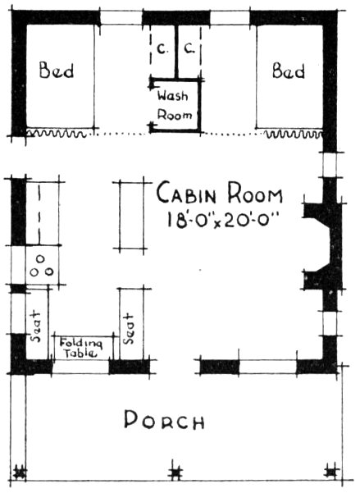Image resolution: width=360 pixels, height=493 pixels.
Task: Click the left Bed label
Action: pos(57,71)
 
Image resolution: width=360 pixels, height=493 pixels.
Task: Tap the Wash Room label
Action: pos(174,104)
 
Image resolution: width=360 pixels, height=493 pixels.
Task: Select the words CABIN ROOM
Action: pos(220,196)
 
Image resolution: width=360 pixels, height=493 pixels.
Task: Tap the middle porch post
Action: pos(174,472)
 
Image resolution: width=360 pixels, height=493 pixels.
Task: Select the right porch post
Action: pos(331,472)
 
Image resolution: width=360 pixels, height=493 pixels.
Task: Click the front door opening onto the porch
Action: pos(174,365)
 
